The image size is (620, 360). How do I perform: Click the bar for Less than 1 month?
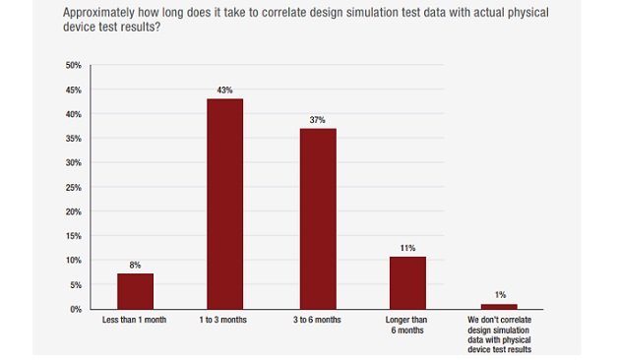pyautogui.click(x=135, y=291)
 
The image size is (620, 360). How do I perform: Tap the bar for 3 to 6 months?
pyautogui.click(x=318, y=218)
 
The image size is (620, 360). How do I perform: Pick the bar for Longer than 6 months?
pyautogui.click(x=407, y=283)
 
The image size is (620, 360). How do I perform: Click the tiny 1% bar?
pyautogui.click(x=499, y=307)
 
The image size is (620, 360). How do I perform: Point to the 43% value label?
pyautogui.click(x=224, y=90)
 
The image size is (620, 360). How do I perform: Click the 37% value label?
pyautogui.click(x=318, y=120)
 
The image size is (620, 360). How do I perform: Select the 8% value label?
pyautogui.click(x=135, y=265)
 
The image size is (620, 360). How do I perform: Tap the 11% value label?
pyautogui.click(x=407, y=248)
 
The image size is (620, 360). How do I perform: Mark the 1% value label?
pyautogui.click(x=499, y=295)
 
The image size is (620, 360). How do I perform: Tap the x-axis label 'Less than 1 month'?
pyautogui.click(x=135, y=321)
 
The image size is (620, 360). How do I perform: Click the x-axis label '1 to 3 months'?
pyautogui.click(x=224, y=321)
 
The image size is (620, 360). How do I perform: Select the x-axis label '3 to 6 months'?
pyautogui.click(x=318, y=321)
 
